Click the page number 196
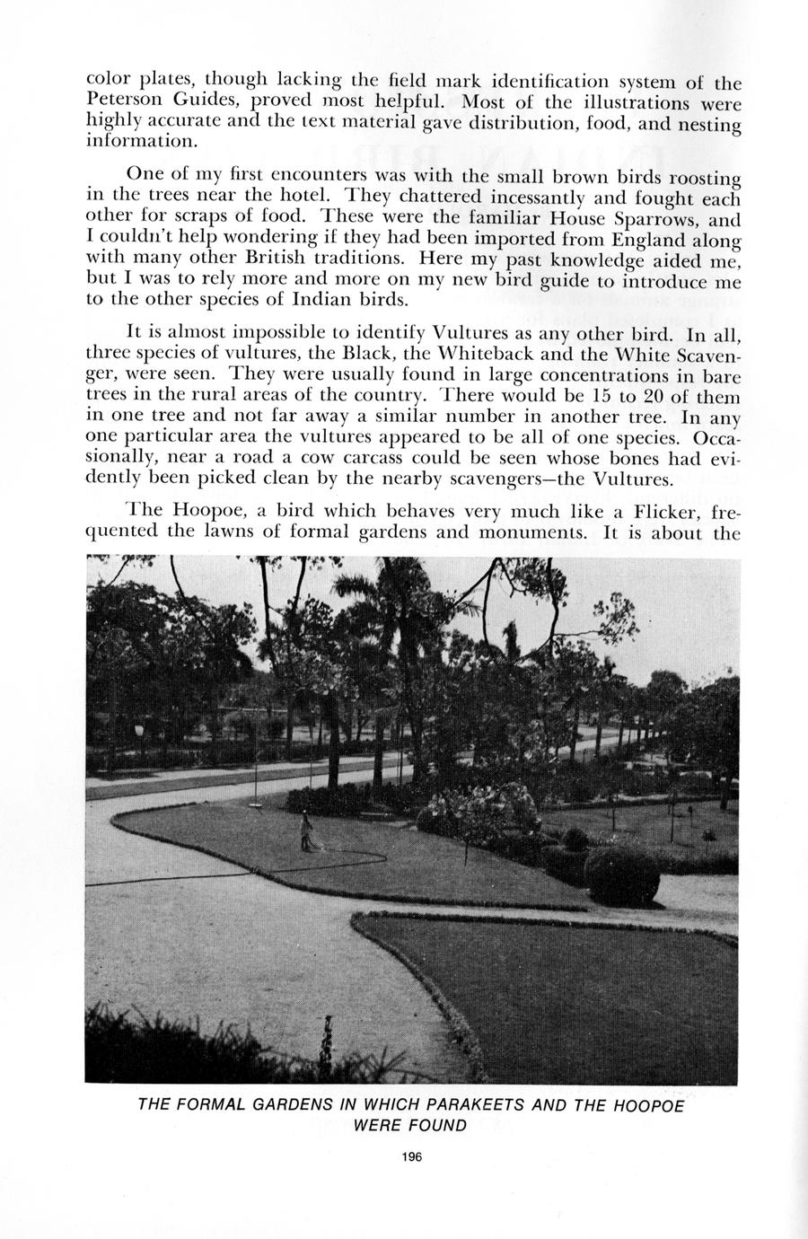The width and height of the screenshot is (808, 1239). point(412,1156)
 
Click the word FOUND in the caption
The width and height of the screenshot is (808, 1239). point(439,1126)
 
